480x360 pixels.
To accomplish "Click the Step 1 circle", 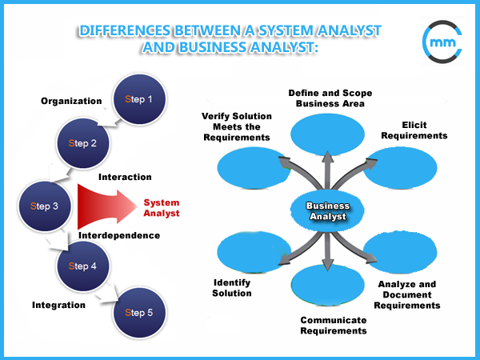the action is pos(139,99).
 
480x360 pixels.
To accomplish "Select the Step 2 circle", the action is pos(82,143).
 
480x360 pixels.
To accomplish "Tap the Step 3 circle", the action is pos(45,206).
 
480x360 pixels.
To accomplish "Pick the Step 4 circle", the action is pos(82,266).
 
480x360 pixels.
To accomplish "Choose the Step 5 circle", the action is pos(139,313).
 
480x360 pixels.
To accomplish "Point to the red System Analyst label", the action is pos(162,208).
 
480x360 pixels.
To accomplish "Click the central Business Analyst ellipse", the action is pos(327,210).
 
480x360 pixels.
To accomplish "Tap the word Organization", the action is pos(71,101).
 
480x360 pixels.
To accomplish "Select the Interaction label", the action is pos(125,177).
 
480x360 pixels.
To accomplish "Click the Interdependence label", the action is pos(119,235).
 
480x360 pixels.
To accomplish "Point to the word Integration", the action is pos(58,305).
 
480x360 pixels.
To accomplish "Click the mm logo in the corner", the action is pos(442,42).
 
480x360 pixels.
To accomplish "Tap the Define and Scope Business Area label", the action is pos(330,98).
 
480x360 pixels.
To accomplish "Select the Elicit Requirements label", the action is pos(414,130).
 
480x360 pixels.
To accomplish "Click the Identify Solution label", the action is pos(232,288).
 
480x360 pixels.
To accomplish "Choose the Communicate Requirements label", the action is pos(334,326).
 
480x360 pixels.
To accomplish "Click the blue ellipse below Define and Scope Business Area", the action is pos(327,134).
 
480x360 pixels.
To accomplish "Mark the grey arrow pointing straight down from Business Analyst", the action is pos(328,252).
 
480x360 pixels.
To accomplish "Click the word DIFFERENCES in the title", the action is pos(125,30).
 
